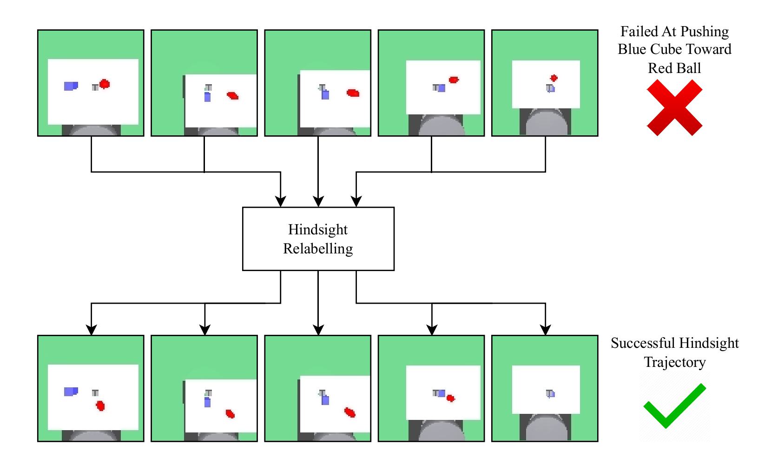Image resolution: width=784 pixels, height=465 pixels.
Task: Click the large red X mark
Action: click(674, 107)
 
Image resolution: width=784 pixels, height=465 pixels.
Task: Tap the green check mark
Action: click(674, 405)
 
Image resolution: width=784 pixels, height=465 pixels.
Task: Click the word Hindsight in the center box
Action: click(318, 229)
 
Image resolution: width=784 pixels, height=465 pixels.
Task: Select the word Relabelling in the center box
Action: click(318, 249)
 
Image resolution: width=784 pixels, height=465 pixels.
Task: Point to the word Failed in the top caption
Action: click(639, 32)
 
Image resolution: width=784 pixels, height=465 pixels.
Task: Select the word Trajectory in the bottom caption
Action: click(674, 362)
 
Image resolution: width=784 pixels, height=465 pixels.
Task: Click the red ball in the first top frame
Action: click(105, 84)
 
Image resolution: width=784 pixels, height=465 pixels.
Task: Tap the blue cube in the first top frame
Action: click(71, 86)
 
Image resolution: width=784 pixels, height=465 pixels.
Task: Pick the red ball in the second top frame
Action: click(233, 96)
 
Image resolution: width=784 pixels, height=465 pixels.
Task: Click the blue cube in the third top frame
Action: click(325, 94)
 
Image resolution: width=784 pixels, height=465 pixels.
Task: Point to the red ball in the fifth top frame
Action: click(553, 78)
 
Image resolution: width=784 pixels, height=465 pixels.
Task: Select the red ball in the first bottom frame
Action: click(100, 406)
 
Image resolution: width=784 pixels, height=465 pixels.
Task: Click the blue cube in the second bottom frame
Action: click(207, 402)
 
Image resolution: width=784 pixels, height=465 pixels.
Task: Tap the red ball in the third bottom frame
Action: click(350, 412)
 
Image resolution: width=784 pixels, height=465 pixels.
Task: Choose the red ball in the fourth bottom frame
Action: click(450, 398)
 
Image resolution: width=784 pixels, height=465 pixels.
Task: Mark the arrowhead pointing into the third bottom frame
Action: click(318, 330)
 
